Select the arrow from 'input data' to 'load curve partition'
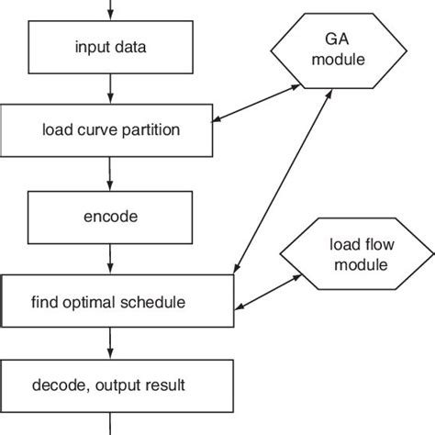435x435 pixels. click(110, 88)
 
